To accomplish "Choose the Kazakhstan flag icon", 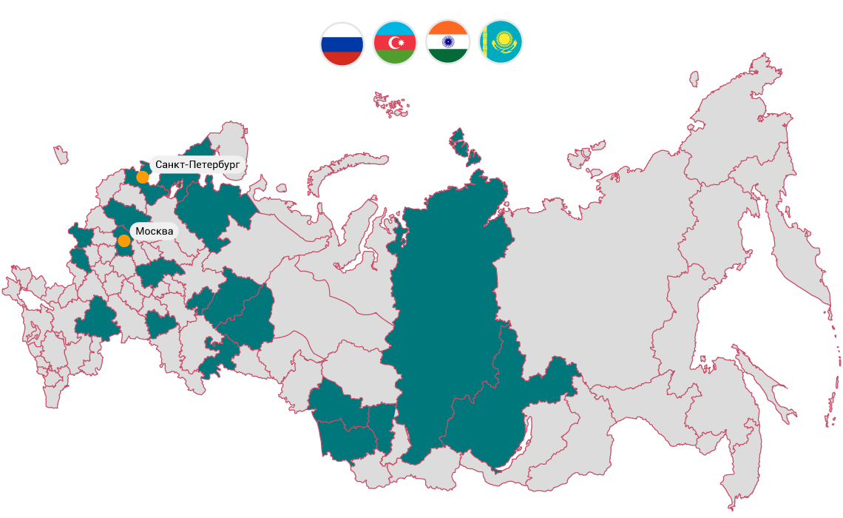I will pos(501,42).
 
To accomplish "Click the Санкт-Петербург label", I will pos(197,164).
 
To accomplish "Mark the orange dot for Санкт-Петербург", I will pos(143,177).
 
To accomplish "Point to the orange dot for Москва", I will pos(124,240).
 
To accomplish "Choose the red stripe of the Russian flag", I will pos(342,58).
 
